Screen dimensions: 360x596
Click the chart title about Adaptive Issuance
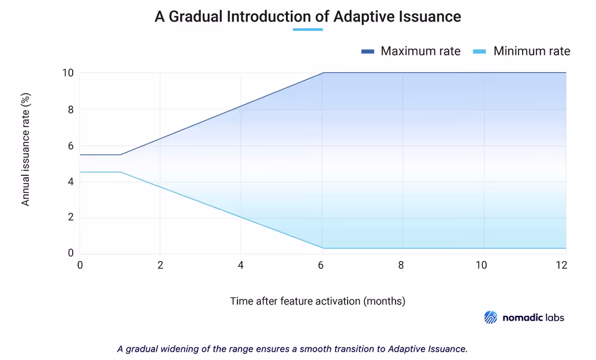[x=308, y=16]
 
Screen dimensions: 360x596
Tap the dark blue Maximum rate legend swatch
[x=367, y=52]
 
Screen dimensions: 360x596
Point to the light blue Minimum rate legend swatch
[x=479, y=52]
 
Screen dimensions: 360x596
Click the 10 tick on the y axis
[x=68, y=73]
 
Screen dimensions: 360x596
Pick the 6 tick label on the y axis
[x=70, y=145]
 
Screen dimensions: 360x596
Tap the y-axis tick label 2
[x=70, y=218]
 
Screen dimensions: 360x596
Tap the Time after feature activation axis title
[x=318, y=301]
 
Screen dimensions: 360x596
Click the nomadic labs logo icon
[x=491, y=317]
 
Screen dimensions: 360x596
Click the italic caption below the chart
[x=292, y=349]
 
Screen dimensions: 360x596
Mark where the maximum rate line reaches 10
[x=323, y=73]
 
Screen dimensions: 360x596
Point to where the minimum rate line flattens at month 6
[x=323, y=248]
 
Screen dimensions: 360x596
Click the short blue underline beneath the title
[x=308, y=29]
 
